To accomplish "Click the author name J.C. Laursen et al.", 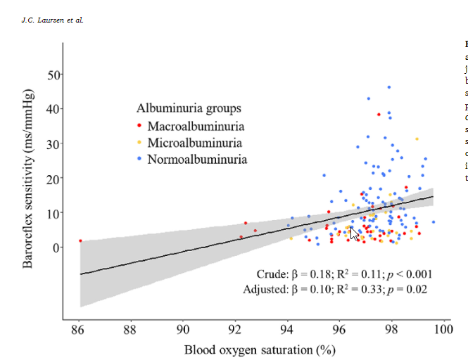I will [53, 20].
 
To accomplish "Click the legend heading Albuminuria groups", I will [189, 108].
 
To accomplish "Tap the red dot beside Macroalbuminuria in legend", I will [139, 127].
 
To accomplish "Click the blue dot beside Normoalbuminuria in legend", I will [139, 160].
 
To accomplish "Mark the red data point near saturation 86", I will [80, 241].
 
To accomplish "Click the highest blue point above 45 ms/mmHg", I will [388, 88].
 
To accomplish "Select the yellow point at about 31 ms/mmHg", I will [417, 139].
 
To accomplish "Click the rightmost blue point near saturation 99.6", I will [433, 222].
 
